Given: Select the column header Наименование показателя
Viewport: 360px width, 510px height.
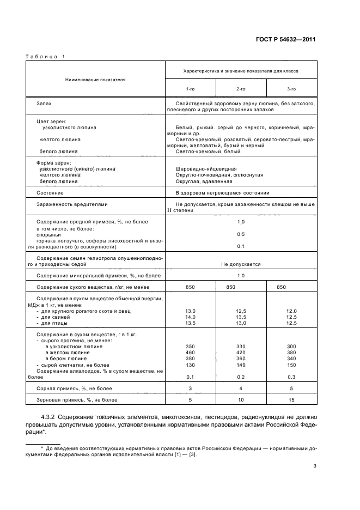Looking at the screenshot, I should [x=95, y=79].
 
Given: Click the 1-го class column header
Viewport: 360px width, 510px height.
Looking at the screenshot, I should [x=191, y=88].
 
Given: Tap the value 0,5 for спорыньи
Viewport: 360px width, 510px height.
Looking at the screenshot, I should [x=241, y=234].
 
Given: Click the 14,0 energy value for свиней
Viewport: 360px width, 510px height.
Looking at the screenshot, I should [x=191, y=317].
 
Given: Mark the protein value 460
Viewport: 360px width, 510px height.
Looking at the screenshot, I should [x=191, y=353].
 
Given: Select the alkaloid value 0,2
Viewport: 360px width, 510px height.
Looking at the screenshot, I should [x=241, y=377].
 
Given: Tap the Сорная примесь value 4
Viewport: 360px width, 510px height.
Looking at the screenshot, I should [x=241, y=388].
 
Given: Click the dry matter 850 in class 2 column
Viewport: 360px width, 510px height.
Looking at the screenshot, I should [x=231, y=287].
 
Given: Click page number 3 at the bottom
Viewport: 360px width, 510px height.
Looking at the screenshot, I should [x=314, y=466].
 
